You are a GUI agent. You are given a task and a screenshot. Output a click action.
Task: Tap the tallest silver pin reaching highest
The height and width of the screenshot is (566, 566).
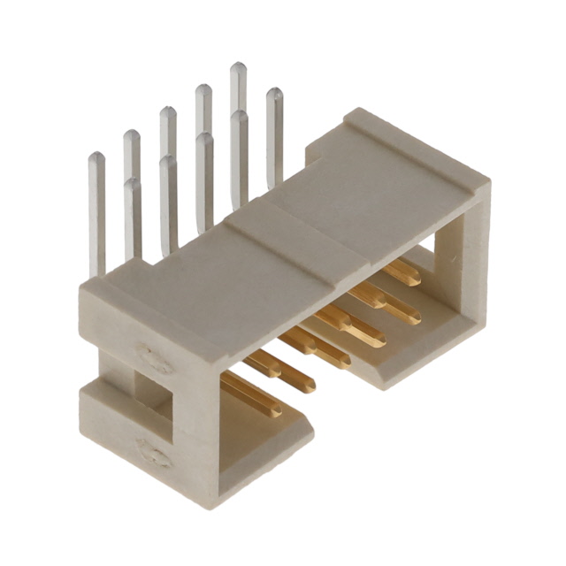[x=238, y=69]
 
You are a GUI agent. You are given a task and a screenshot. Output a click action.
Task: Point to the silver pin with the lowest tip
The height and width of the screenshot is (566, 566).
[x=132, y=185]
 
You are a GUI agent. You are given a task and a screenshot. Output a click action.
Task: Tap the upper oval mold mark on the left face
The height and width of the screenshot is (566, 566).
[x=154, y=360]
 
